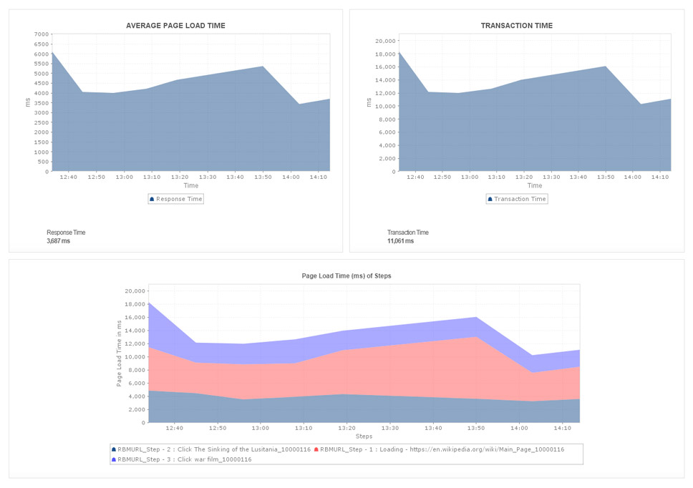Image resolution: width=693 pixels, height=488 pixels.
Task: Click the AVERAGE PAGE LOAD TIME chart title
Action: (175, 26)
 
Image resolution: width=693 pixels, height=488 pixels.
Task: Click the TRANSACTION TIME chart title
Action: (516, 26)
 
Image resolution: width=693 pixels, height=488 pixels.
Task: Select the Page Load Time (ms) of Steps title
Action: (346, 275)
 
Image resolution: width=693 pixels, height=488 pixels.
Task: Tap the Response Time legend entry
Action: (176, 199)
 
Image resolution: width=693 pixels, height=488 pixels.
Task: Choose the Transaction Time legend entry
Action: (517, 199)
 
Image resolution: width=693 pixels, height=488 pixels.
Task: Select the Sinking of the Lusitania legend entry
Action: (211, 449)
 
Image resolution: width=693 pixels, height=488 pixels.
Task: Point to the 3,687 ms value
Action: (58, 241)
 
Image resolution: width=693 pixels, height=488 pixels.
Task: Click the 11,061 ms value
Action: (400, 241)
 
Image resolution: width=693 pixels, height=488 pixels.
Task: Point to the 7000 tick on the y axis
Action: (42, 34)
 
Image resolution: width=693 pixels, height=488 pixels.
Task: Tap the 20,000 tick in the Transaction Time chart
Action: (385, 41)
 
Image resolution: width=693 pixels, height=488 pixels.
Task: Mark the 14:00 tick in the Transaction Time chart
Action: (632, 177)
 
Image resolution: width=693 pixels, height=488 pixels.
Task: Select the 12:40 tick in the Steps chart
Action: (174, 428)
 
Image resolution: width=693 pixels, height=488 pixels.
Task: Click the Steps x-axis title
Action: (364, 436)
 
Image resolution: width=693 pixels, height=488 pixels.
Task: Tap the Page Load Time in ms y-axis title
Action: (120, 353)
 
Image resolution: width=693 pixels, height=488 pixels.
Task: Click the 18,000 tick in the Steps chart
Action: (135, 304)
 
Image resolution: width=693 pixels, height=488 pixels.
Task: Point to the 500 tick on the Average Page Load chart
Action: (43, 162)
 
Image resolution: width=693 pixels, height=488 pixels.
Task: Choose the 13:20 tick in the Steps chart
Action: (347, 428)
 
